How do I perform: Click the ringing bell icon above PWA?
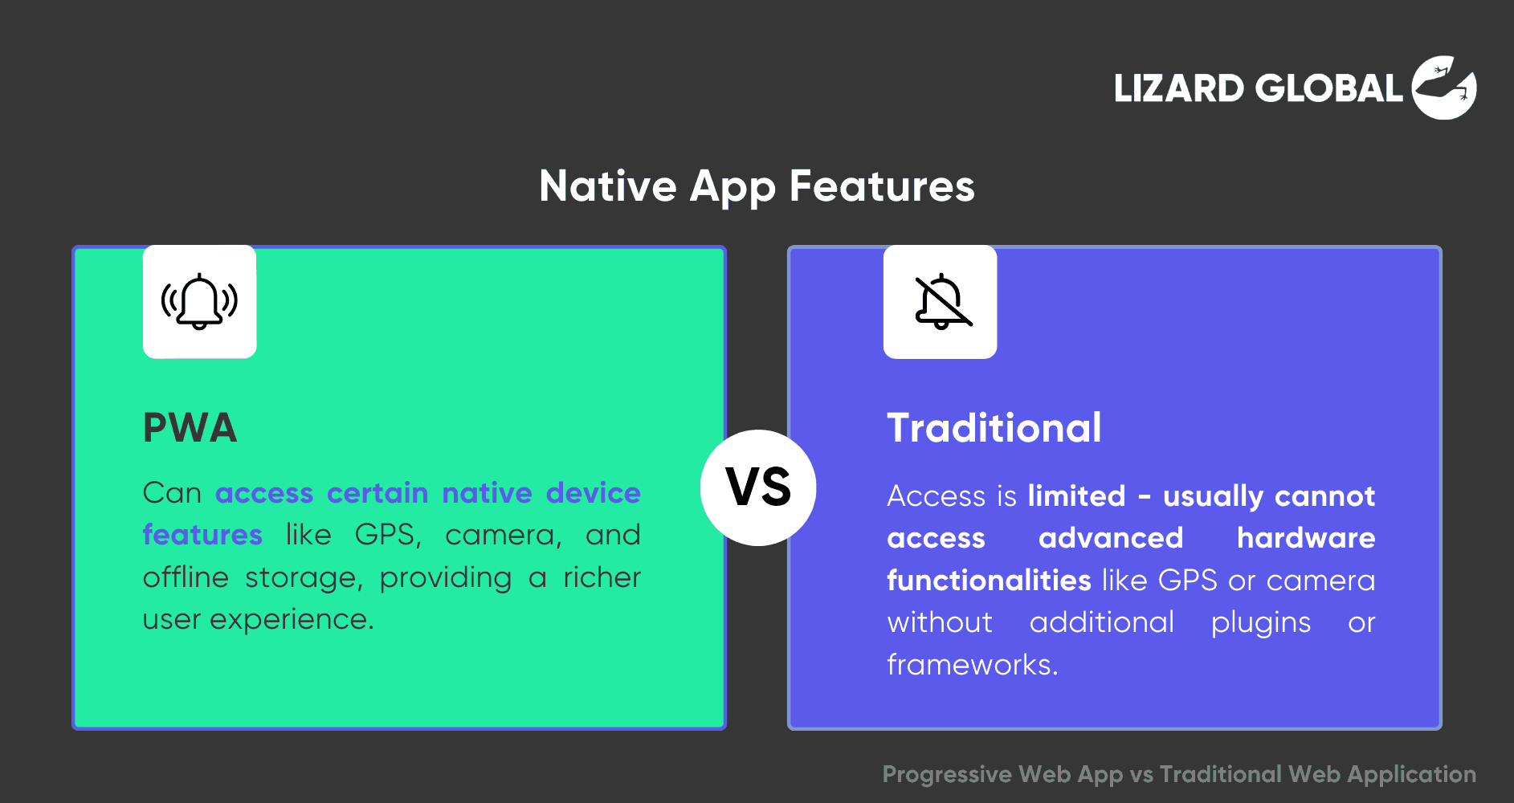199,302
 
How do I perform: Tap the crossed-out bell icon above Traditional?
942,302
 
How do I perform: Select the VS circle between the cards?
758,487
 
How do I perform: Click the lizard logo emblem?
1444,88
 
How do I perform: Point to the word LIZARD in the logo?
1179,88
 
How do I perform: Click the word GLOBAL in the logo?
1329,88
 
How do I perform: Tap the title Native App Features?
757,186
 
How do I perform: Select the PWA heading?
190,427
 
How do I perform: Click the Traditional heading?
994,427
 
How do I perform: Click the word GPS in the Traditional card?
1188,580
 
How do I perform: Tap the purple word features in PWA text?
202,534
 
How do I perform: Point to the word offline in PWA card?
186,577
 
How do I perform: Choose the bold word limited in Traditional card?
1076,495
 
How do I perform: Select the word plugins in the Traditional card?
1261,622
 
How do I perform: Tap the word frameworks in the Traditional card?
973,664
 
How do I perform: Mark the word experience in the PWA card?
292,620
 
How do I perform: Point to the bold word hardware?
1306,537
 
